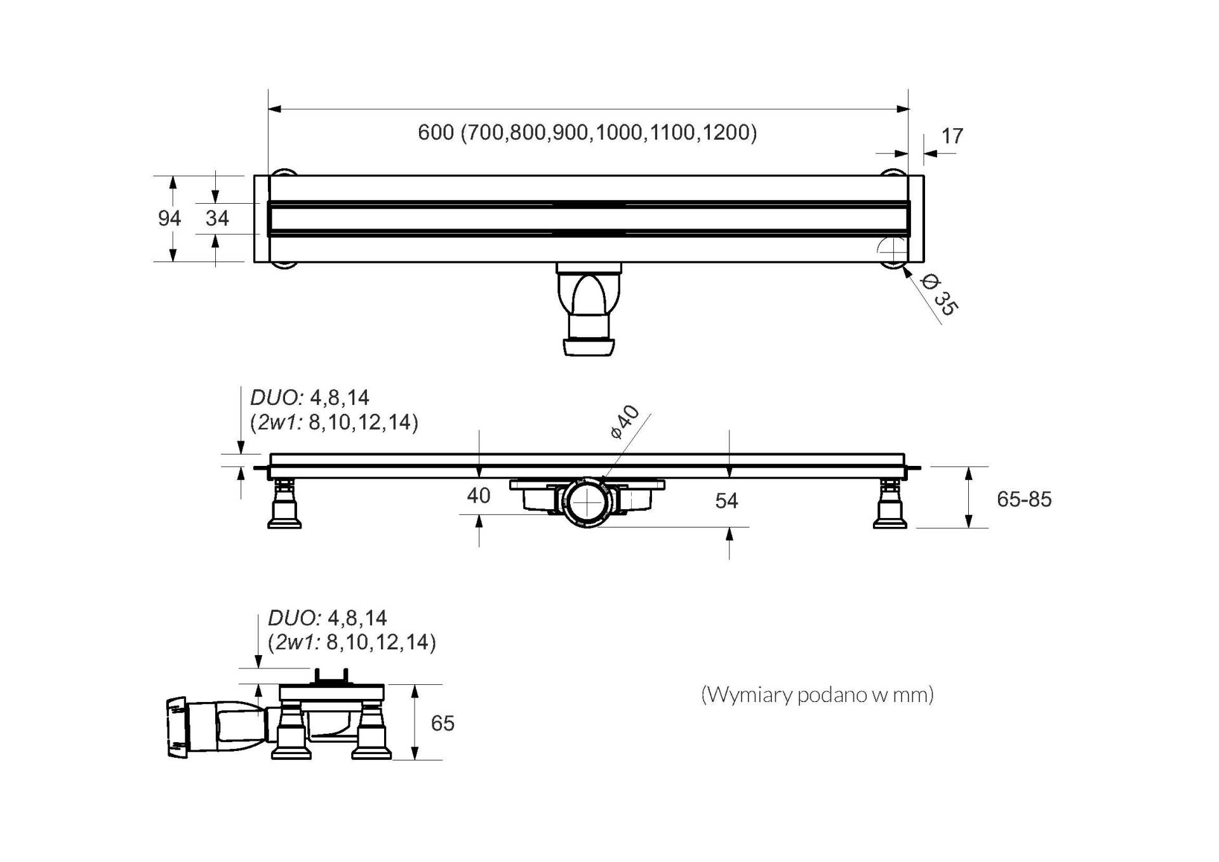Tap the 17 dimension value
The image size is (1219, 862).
tap(952, 136)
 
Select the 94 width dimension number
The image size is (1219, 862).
tap(170, 218)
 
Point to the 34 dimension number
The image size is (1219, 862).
tap(217, 218)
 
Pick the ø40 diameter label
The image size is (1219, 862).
tap(625, 421)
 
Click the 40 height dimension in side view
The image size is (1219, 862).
tap(479, 495)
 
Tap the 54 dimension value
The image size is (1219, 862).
tap(726, 501)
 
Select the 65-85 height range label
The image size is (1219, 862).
tap(1024, 500)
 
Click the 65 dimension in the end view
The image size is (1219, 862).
tap(443, 723)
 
